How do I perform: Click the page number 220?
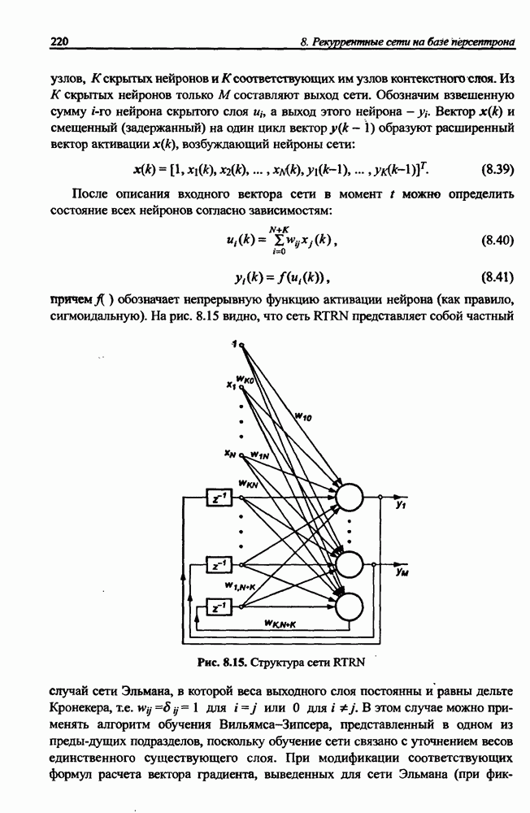point(59,41)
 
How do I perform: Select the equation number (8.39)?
point(497,170)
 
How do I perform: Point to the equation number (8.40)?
point(497,241)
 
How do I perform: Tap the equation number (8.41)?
point(497,278)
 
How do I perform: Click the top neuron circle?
point(349,497)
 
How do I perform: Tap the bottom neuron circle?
point(349,606)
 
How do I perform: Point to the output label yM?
point(401,573)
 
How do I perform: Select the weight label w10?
point(303,415)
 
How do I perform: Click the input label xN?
point(230,454)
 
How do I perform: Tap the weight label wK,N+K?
point(280,624)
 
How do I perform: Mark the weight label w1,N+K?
point(239,586)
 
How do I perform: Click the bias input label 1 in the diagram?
point(234,343)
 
